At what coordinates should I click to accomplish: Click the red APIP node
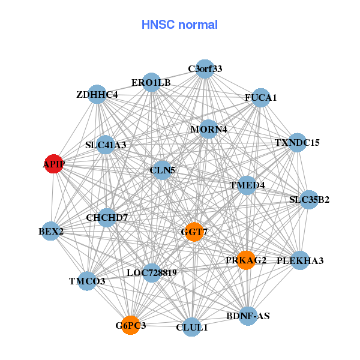(54, 164)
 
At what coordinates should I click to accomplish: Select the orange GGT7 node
(194, 232)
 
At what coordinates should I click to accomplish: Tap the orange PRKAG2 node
(246, 260)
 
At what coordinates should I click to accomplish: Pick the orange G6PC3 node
(131, 326)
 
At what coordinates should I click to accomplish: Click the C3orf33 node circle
(205, 68)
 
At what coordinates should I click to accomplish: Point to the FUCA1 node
(260, 97)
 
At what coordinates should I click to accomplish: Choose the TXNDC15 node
(298, 143)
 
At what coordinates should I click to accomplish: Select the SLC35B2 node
(309, 199)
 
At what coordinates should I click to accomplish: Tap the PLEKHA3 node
(300, 260)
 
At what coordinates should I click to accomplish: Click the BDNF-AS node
(248, 316)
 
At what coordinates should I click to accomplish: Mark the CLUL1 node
(192, 327)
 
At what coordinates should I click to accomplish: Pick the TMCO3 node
(88, 281)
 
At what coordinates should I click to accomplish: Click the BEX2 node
(51, 230)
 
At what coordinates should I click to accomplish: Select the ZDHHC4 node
(97, 95)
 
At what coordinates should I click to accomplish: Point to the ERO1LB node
(152, 83)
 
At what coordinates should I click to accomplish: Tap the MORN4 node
(208, 129)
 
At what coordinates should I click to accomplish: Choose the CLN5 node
(163, 170)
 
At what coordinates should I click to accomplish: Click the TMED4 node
(247, 185)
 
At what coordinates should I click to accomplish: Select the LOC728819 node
(152, 273)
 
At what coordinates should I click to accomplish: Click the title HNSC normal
(179, 25)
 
